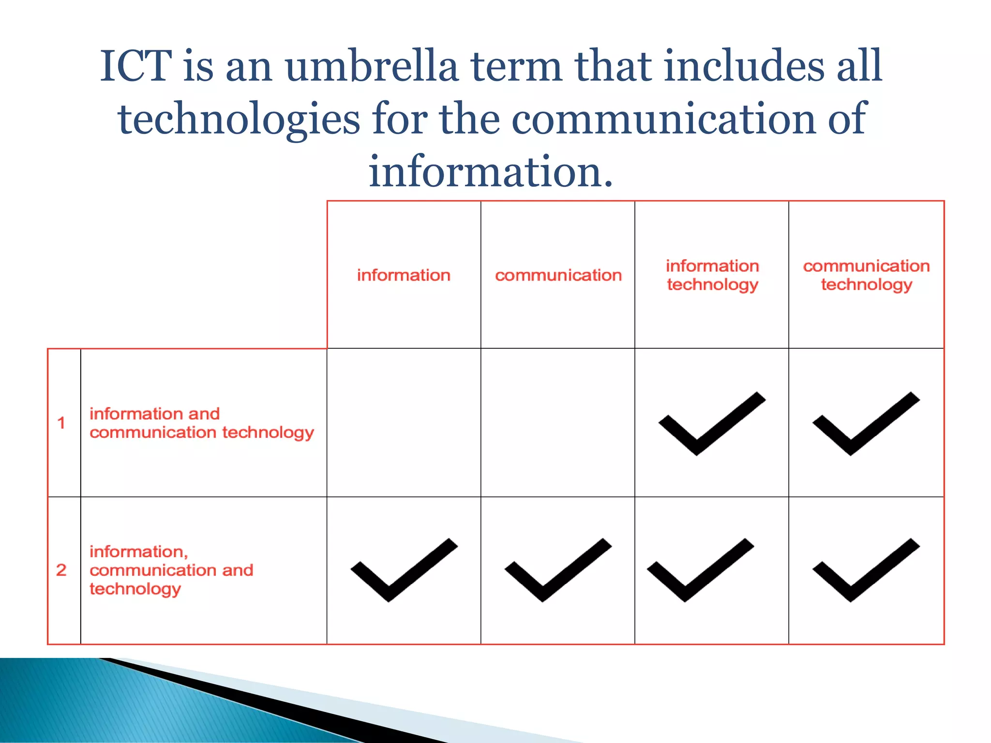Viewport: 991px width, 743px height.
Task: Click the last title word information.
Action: coord(491,172)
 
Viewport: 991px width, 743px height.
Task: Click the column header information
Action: coord(404,275)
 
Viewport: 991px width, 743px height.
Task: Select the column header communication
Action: coord(558,275)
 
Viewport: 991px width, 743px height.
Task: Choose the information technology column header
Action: coord(712,275)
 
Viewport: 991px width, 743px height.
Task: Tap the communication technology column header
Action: coord(866,275)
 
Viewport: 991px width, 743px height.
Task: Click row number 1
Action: coord(61,423)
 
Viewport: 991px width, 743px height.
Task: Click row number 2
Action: coord(61,570)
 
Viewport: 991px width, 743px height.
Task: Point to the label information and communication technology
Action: coord(201,423)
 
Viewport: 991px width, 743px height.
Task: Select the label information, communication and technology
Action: coord(171,570)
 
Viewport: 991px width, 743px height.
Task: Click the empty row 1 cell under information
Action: coord(404,422)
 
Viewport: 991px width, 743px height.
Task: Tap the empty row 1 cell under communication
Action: coord(557,422)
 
